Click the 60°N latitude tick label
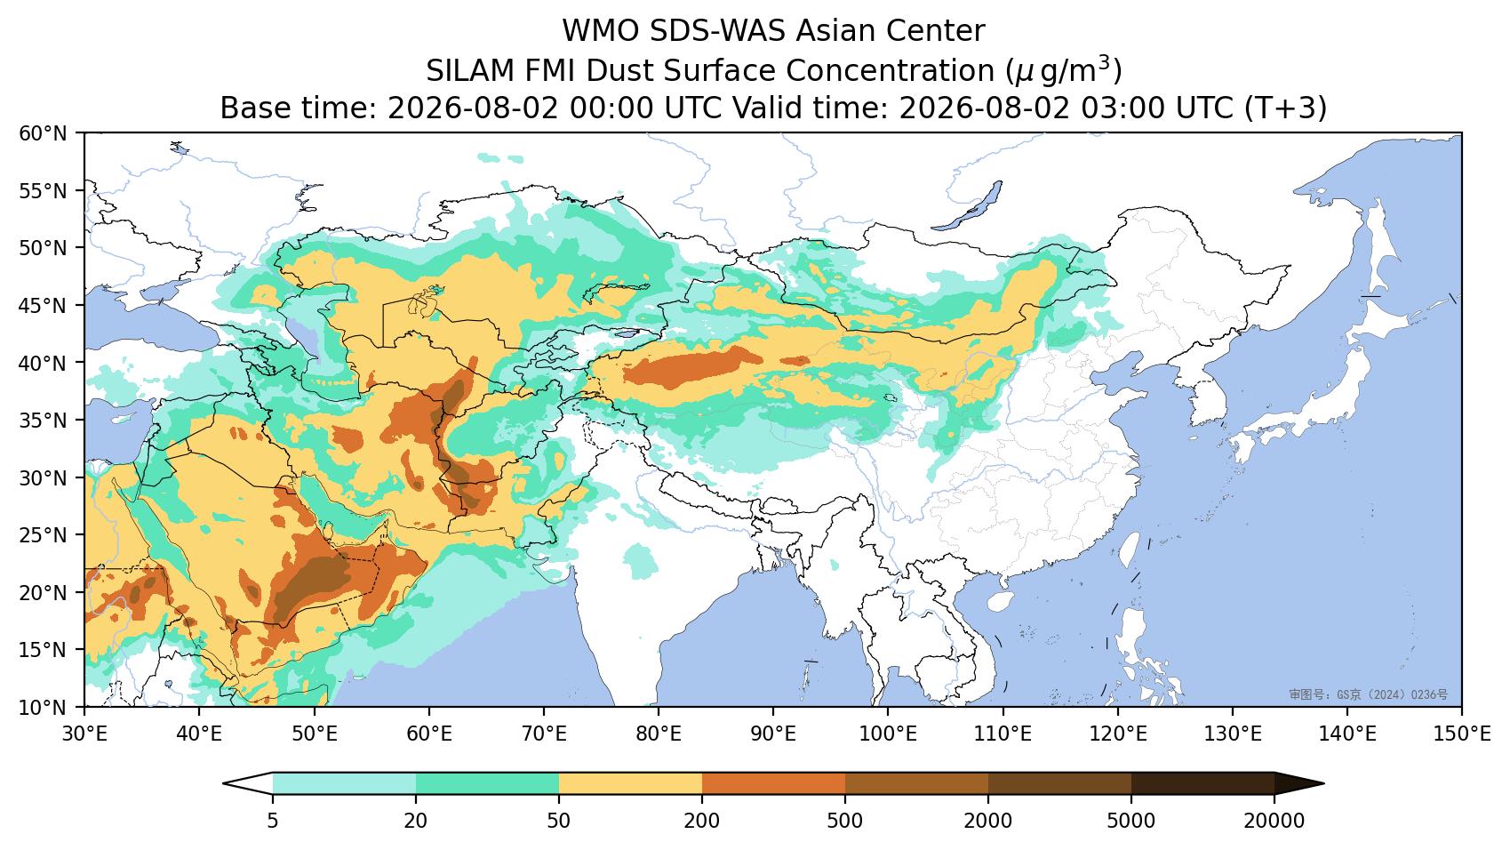pos(44,133)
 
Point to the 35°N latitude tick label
pos(44,421)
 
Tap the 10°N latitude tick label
pos(44,708)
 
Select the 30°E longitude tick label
pos(84,734)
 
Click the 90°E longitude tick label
pos(773,734)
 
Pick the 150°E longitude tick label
pos(1462,734)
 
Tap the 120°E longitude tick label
pos(1118,734)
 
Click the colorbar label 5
pos(272,821)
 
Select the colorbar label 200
pos(702,821)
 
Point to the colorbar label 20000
pos(1274,821)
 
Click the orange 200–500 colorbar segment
pos(774,784)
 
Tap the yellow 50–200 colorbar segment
pos(630,784)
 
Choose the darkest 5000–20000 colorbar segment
pos(1202,784)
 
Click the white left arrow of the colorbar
pos(248,784)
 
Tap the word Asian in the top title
pos(835,30)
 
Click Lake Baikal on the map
pos(971,205)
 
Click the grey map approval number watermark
pos(1369,694)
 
